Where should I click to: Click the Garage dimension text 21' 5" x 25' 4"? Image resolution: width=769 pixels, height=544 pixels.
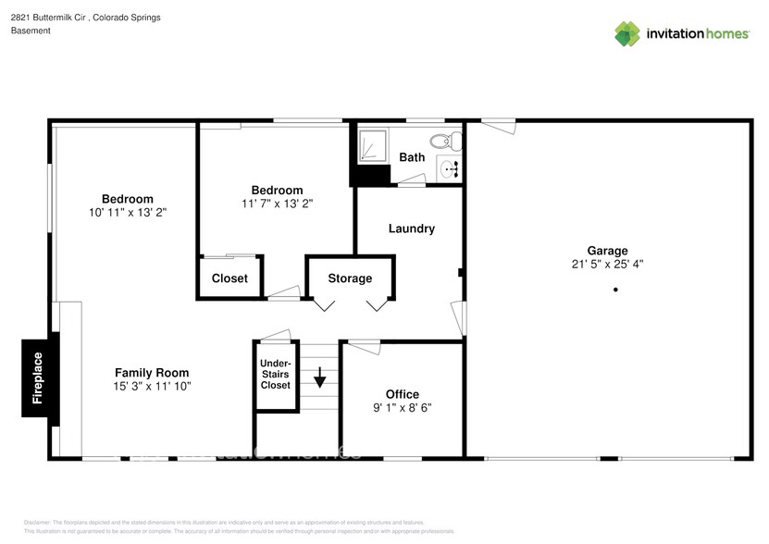(607, 264)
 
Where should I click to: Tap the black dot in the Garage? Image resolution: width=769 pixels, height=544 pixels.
(614, 291)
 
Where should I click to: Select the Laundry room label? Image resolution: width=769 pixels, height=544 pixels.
(411, 229)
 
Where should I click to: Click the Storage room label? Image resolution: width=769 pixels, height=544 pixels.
(350, 278)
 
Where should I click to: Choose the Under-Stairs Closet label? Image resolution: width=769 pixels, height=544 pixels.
(275, 374)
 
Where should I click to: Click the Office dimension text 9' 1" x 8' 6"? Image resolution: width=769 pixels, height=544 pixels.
(402, 407)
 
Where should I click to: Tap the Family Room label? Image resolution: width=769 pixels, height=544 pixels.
(152, 372)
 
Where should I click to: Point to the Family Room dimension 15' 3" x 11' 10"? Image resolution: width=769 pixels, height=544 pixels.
(152, 386)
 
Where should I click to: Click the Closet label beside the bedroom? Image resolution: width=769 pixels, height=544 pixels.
(229, 278)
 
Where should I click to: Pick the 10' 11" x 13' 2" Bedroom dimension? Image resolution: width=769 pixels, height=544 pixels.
(127, 212)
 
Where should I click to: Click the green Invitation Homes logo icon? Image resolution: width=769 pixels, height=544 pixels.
(628, 33)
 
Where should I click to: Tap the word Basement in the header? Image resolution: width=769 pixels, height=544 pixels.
(31, 31)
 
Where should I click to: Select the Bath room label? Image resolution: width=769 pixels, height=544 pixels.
(412, 157)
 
